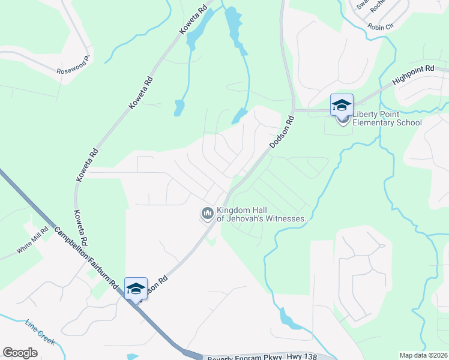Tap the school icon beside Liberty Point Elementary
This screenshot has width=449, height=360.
tap(342, 106)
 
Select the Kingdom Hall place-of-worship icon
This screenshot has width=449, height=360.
tap(208, 214)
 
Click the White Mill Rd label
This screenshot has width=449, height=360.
tap(32, 245)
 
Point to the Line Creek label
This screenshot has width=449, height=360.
tap(40, 334)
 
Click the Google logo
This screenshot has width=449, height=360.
tap(20, 353)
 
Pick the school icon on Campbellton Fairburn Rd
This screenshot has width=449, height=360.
tap(136, 288)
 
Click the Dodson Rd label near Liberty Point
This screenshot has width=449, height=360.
tap(282, 133)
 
